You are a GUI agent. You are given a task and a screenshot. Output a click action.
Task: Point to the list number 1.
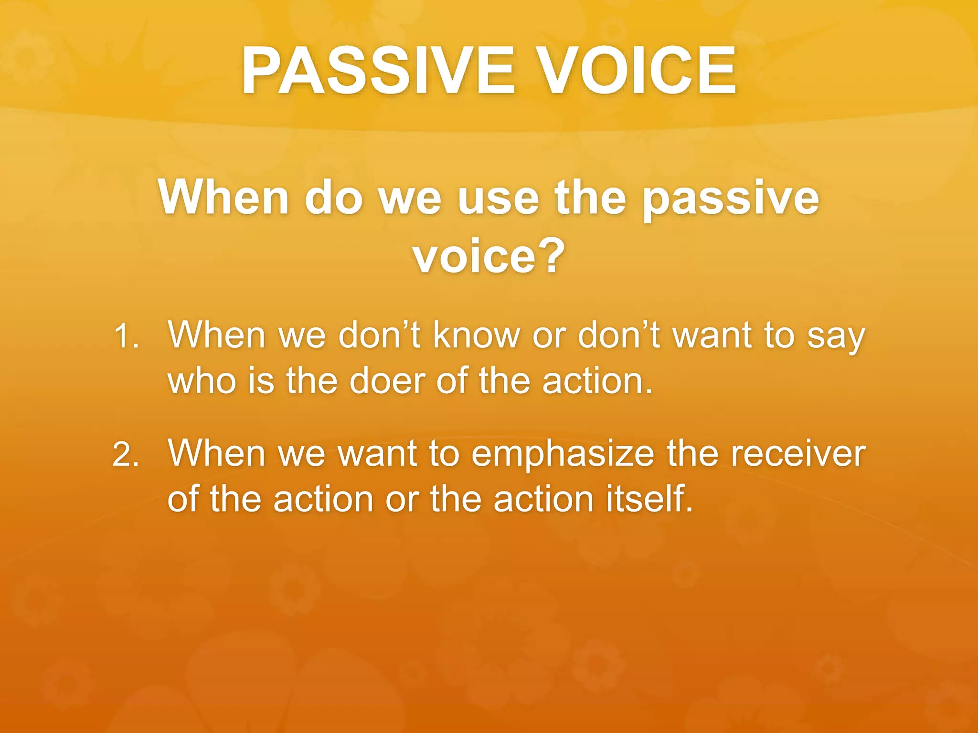[x=126, y=336]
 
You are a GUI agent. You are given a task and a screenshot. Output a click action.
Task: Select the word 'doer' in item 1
[x=387, y=382]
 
